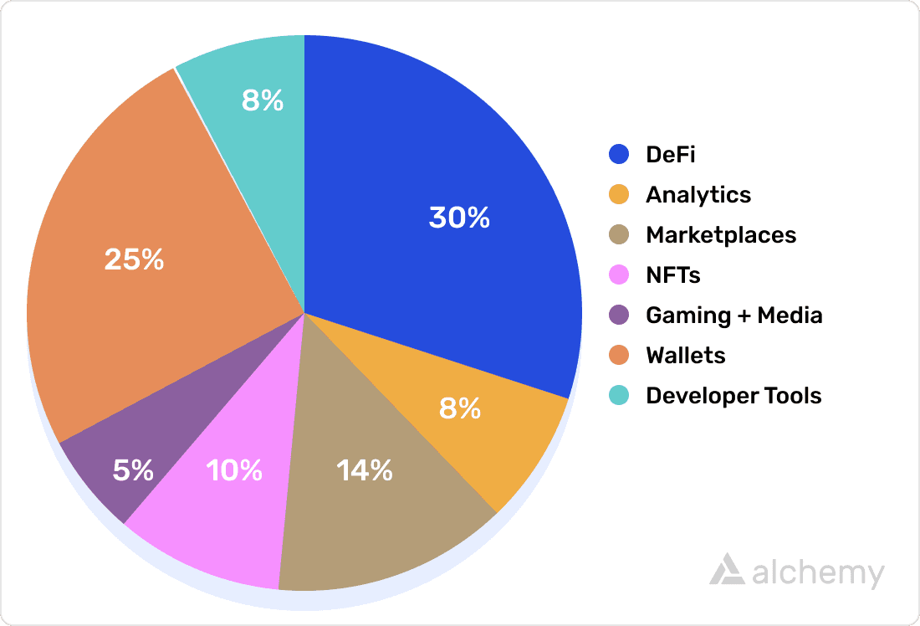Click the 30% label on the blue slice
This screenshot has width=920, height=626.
(x=459, y=218)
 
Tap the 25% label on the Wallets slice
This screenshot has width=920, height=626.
(x=134, y=259)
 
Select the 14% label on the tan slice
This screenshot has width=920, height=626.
(x=365, y=470)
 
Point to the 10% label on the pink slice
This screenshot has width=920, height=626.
(x=234, y=470)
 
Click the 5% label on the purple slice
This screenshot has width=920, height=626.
(x=133, y=470)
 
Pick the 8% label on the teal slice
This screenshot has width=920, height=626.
(x=263, y=100)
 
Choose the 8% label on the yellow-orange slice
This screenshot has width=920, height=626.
(x=460, y=408)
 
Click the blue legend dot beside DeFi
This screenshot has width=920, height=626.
(x=619, y=155)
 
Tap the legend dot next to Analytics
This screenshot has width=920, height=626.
(x=619, y=195)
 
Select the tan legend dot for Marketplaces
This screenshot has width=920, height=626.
(x=619, y=235)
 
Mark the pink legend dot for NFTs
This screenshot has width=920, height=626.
(x=619, y=275)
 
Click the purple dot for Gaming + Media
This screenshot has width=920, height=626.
(x=619, y=316)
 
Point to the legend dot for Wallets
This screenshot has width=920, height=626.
(x=619, y=356)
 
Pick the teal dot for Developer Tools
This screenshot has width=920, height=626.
(x=619, y=396)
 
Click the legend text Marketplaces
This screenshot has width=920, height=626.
(x=721, y=235)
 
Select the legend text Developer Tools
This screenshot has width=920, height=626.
(x=733, y=396)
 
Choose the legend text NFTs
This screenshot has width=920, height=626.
(x=673, y=275)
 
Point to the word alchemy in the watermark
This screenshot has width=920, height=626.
(x=817, y=574)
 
